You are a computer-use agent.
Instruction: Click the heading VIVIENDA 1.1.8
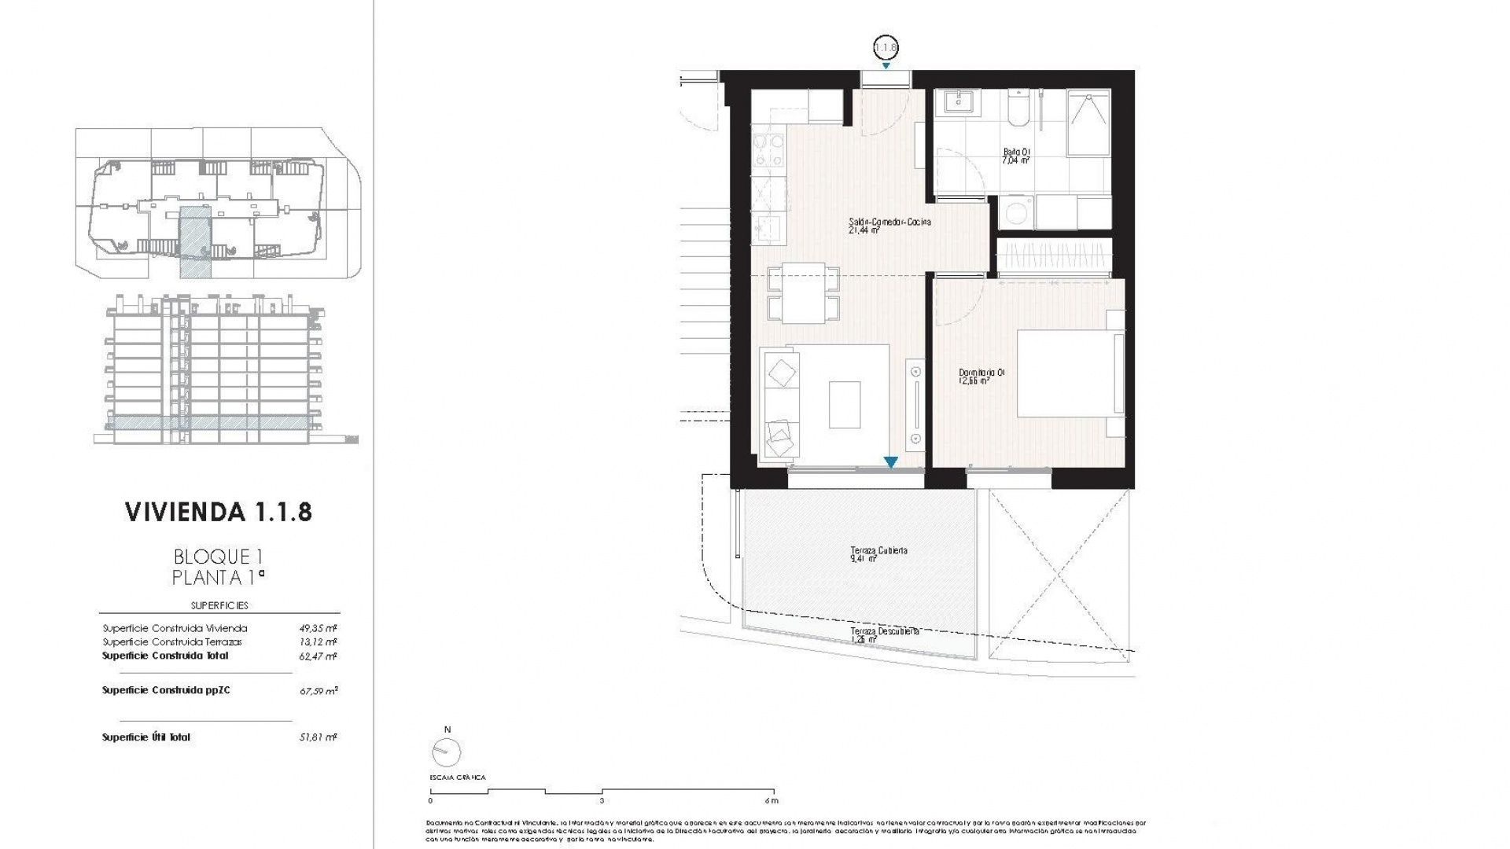point(219,512)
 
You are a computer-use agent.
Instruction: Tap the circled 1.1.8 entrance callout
point(886,48)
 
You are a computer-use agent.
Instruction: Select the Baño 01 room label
point(1016,156)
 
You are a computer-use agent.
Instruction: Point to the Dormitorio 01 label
point(981,377)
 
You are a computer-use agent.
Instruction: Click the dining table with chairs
point(803,293)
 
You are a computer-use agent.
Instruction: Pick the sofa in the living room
point(781,404)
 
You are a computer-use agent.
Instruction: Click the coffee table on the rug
point(844,404)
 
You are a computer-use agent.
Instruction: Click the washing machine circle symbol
point(1017,212)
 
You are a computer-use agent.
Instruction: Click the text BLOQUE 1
point(218,557)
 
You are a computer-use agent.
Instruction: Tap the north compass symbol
point(447,752)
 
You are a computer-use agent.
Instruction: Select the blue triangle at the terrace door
point(890,462)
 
